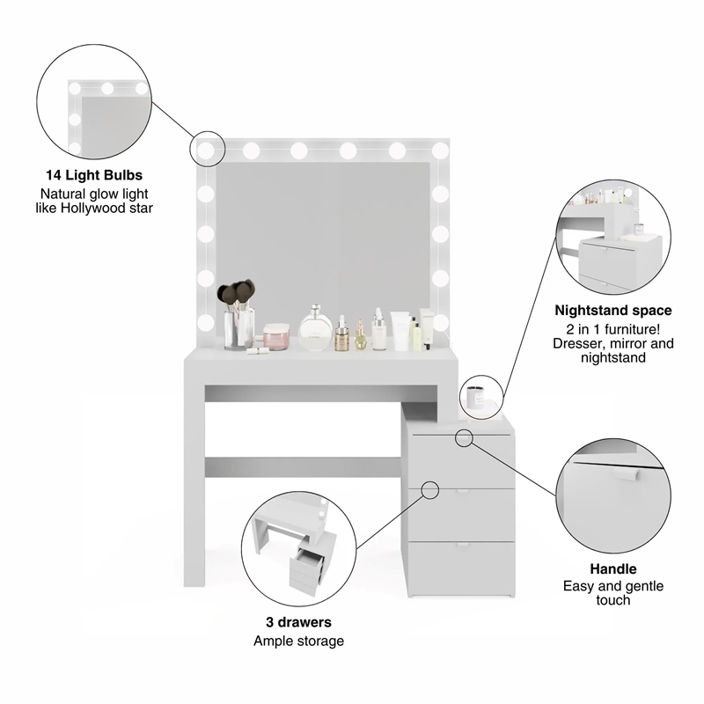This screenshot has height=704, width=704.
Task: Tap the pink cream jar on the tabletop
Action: point(277,335)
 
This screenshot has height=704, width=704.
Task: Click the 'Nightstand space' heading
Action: point(613,311)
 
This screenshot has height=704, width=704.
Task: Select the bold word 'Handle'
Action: point(613,569)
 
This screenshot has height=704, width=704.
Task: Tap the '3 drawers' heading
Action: point(298,622)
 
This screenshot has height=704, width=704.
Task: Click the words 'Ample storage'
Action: point(298,641)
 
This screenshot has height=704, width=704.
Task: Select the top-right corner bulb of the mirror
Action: point(440,150)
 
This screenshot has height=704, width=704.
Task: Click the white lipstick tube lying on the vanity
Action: point(258,350)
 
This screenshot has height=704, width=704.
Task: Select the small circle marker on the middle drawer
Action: point(429,489)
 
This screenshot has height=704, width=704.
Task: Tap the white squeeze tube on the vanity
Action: point(400,333)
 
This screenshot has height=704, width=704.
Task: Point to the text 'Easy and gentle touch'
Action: point(613,593)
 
